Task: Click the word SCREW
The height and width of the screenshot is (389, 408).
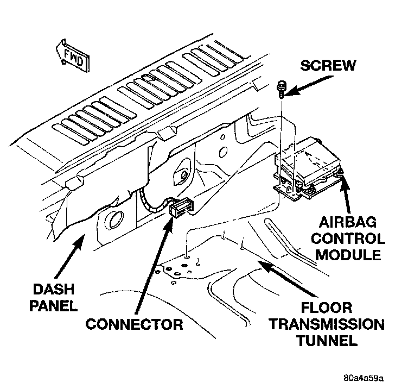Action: pos(329,66)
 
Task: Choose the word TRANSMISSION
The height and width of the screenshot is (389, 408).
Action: pos(327,325)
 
